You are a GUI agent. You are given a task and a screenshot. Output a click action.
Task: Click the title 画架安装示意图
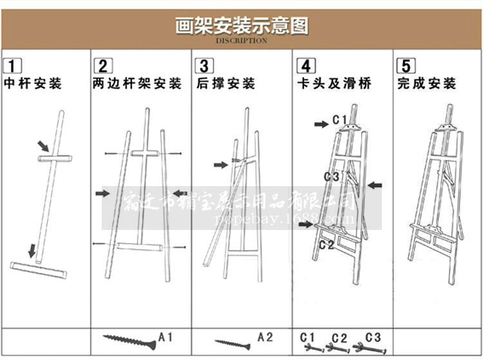pyautogui.click(x=241, y=25)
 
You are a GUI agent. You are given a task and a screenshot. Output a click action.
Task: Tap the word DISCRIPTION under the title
pyautogui.click(x=241, y=41)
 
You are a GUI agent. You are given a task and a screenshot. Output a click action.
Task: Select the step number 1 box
pyautogui.click(x=13, y=65)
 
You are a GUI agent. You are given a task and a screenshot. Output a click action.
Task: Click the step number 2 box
pyautogui.click(x=103, y=65)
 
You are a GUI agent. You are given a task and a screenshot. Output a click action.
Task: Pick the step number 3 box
pyautogui.click(x=204, y=65)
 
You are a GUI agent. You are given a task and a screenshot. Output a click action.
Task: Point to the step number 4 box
pyautogui.click(x=306, y=65)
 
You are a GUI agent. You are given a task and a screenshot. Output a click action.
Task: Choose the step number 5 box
pyautogui.click(x=407, y=65)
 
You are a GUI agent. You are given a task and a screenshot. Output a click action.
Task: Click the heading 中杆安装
pyautogui.click(x=33, y=84)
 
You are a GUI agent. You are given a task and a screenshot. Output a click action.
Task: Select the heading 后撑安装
pyautogui.click(x=226, y=84)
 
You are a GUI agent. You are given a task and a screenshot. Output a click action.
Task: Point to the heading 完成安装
pyautogui.click(x=427, y=84)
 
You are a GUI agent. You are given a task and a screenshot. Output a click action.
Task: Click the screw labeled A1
pyautogui.click(x=129, y=339)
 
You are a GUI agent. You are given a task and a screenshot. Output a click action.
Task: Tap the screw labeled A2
pyautogui.click(x=232, y=344)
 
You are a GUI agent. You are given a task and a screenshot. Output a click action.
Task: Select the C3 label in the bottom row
pyautogui.click(x=373, y=337)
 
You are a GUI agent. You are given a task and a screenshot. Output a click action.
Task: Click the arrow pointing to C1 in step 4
pyautogui.click(x=321, y=124)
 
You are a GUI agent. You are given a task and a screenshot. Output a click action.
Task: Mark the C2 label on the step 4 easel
pyautogui.click(x=327, y=244)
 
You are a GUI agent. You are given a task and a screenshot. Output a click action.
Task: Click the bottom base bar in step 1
pyautogui.click(x=38, y=270)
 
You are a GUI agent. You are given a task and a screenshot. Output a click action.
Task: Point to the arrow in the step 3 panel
pyautogui.click(x=221, y=165)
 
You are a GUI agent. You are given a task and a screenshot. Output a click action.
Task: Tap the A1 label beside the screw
pyautogui.click(x=166, y=336)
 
